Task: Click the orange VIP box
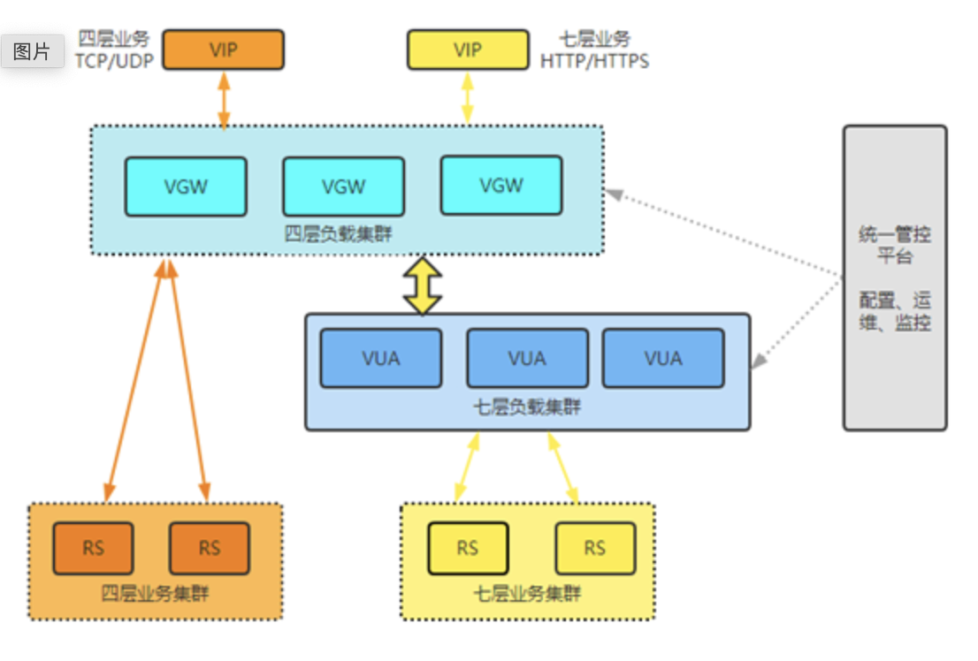(223, 49)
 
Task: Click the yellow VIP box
(468, 49)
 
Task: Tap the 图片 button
(32, 51)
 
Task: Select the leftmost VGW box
(186, 186)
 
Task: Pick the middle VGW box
(343, 186)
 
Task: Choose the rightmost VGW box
(501, 186)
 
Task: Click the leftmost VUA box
(381, 358)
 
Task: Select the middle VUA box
(527, 358)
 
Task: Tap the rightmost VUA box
(663, 358)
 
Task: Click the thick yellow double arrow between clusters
(423, 285)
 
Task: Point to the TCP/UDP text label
(114, 61)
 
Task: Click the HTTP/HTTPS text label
(595, 61)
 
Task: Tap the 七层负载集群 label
(528, 408)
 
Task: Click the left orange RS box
(93, 548)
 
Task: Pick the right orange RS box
(209, 548)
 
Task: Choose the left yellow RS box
(468, 548)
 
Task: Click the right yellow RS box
(595, 548)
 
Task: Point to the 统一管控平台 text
(895, 246)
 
